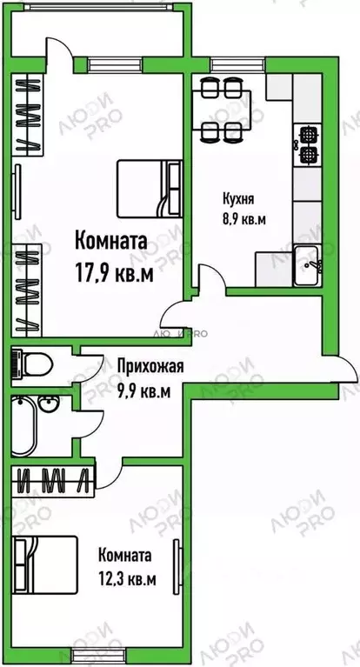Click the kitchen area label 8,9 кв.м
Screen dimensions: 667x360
(x=243, y=218)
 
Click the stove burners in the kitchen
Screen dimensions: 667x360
(x=308, y=144)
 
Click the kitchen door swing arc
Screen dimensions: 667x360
(x=183, y=298)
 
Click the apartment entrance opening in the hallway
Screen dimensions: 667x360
(x=341, y=368)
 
